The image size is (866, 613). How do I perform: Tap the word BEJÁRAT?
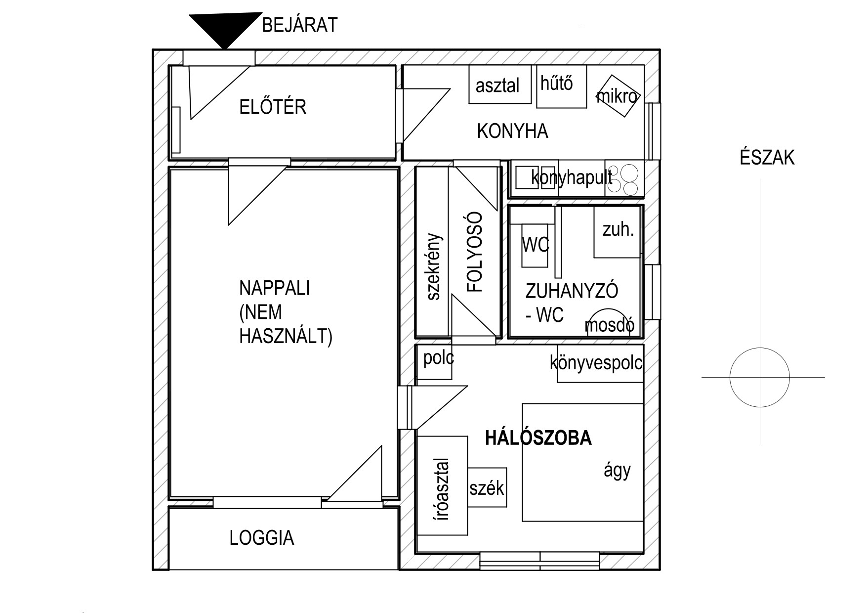click(299, 25)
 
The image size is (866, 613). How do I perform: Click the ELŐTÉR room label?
click(273, 107)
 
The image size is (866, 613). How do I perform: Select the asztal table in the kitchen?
click(500, 84)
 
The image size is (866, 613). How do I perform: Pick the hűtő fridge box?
click(562, 87)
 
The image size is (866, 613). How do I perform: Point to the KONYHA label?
click(513, 131)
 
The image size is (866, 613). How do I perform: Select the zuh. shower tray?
click(617, 232)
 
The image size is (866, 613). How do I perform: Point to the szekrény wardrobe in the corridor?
click(432, 252)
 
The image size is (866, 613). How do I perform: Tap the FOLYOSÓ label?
click(474, 252)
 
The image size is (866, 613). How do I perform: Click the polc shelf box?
click(435, 362)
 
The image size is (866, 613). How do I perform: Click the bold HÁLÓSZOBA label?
click(538, 438)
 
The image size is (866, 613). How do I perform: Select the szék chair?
click(487, 487)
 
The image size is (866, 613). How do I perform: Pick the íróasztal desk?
click(442, 485)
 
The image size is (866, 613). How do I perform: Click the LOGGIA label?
click(262, 538)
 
